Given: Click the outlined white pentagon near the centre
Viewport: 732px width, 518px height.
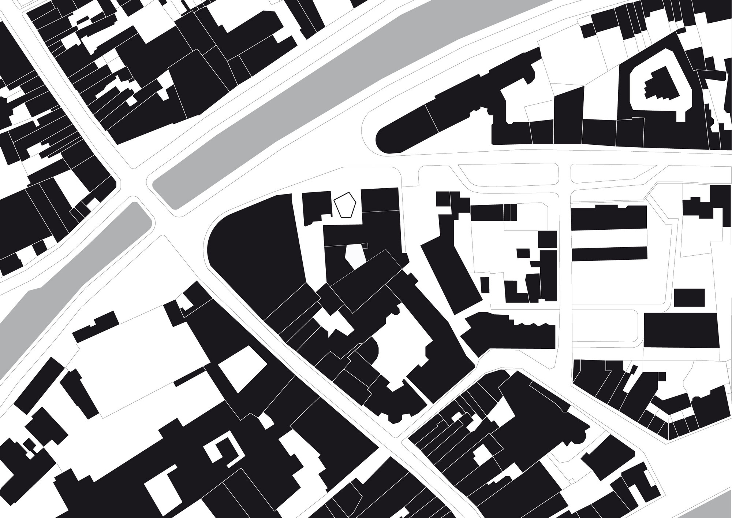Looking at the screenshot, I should click(x=345, y=206).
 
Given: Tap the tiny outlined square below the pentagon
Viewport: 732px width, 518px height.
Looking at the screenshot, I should click(x=365, y=245).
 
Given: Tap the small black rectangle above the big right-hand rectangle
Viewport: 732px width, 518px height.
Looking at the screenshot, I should click(x=689, y=297).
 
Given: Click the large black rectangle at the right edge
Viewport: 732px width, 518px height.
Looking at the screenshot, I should click(x=681, y=330).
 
